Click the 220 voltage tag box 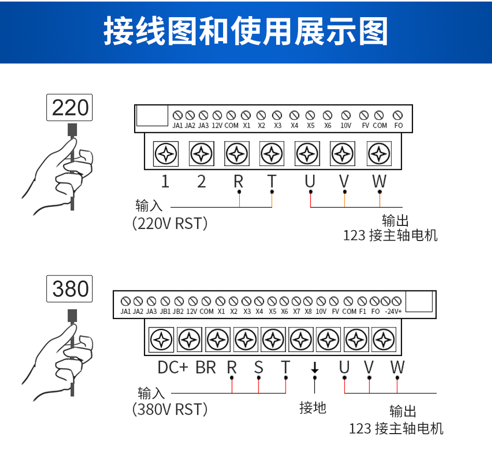click(x=70, y=108)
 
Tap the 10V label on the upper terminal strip click(x=346, y=125)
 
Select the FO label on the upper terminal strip click(x=398, y=125)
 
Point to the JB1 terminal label click(x=165, y=311)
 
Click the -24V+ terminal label click(x=393, y=311)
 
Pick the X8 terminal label click(x=308, y=311)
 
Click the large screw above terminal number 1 click(x=166, y=154)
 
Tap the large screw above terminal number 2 click(x=201, y=154)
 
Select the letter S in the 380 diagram click(x=258, y=368)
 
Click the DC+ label click(x=173, y=368)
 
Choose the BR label click(x=205, y=368)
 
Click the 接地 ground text click(x=313, y=407)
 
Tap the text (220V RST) click(x=170, y=224)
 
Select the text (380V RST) click(x=170, y=410)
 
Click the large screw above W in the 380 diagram click(x=384, y=340)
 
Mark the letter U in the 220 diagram click(x=310, y=181)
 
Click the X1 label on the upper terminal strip click(x=247, y=125)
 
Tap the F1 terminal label click(x=362, y=311)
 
